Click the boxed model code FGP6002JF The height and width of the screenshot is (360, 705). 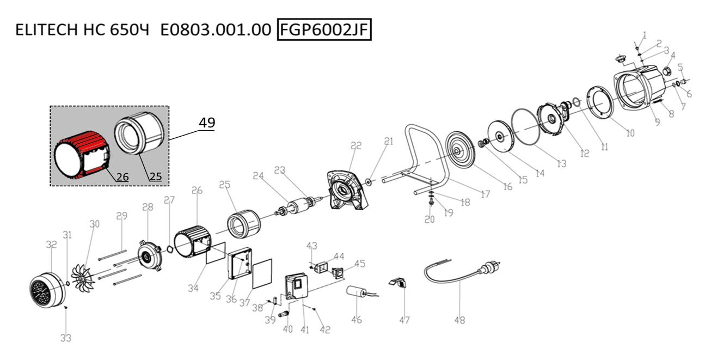pos(324,30)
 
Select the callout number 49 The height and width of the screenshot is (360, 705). pos(206,123)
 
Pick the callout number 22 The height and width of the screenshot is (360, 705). pos(356,145)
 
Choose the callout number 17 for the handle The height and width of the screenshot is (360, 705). pos(486,194)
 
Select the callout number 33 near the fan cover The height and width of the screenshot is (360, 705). pos(65,338)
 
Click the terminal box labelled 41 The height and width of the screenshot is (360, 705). pos(297,288)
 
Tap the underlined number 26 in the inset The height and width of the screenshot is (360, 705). pos(122,176)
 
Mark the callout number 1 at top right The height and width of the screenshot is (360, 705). pos(645,35)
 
